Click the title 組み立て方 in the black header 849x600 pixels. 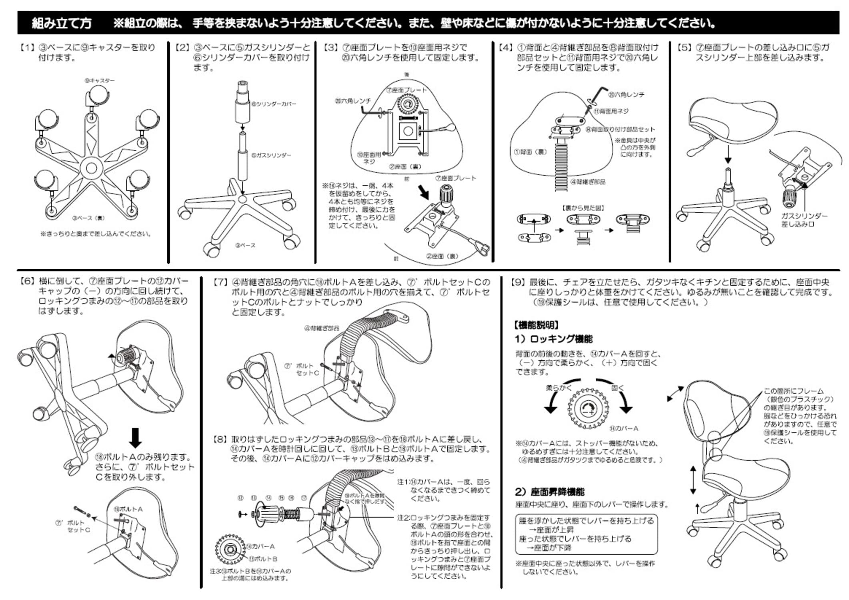61,24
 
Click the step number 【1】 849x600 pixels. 27,48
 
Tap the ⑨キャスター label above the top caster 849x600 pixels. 99,80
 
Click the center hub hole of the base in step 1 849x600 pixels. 91,168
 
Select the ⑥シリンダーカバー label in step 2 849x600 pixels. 274,104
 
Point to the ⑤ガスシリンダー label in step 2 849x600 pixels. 271,155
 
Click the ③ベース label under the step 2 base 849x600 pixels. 245,245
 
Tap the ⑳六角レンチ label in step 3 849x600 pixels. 352,101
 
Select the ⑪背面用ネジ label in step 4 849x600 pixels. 611,111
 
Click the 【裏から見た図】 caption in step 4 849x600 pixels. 583,208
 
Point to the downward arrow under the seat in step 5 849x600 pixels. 728,154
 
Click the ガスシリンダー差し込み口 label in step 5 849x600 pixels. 804,220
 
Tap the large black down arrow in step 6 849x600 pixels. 135,438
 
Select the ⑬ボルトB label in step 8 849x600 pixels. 263,559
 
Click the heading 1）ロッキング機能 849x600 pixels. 553,339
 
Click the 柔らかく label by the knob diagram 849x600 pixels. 559,388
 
